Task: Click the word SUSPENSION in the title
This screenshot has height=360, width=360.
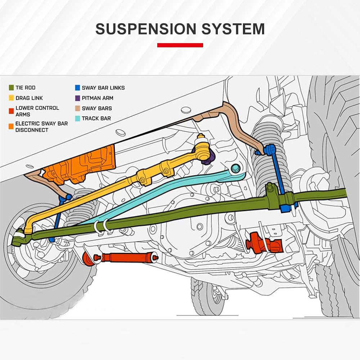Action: pyautogui.click(x=146, y=29)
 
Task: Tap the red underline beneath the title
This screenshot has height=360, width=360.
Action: pyautogui.click(x=180, y=45)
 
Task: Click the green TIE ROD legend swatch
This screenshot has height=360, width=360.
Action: pyautogui.click(x=11, y=87)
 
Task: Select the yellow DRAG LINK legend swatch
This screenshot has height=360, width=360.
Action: pyautogui.click(x=11, y=98)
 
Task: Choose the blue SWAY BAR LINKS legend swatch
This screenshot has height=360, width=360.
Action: pyautogui.click(x=77, y=87)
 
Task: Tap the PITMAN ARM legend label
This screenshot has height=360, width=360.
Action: pyautogui.click(x=97, y=98)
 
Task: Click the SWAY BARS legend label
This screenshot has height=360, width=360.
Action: pyautogui.click(x=96, y=108)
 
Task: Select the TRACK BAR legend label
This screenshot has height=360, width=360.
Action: pyautogui.click(x=96, y=118)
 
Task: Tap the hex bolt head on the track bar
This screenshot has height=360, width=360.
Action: pyautogui.click(x=235, y=168)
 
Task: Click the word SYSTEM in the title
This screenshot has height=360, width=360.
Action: pyautogui.click(x=232, y=29)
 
